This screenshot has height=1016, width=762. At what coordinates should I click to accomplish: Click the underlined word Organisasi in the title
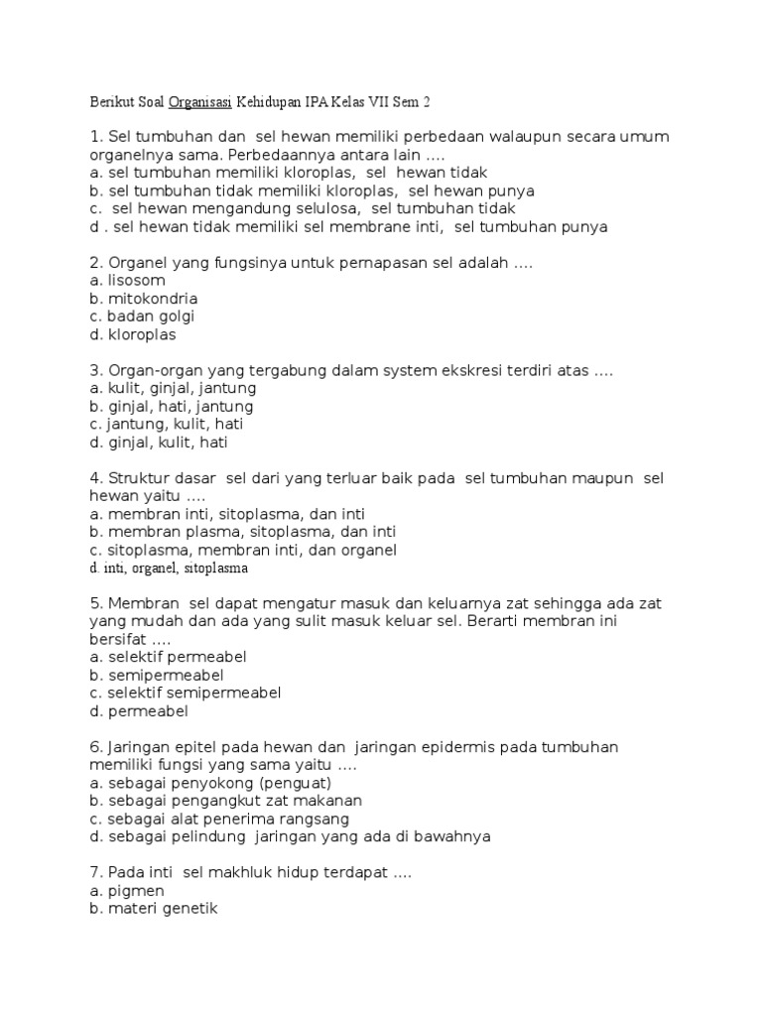(200, 101)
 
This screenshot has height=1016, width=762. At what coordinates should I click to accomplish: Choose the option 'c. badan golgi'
(141, 317)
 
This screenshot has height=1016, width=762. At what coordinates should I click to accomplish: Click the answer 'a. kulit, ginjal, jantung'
(173, 389)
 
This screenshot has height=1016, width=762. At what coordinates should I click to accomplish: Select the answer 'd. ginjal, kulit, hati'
(159, 443)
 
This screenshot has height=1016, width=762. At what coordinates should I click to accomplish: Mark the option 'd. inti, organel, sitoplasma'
(168, 569)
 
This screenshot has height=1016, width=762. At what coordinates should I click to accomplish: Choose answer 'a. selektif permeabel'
(167, 657)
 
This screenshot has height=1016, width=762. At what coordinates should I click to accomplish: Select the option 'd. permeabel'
(138, 710)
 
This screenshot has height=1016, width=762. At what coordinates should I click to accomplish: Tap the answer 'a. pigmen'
(126, 891)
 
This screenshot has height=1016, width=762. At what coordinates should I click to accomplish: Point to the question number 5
(94, 603)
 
